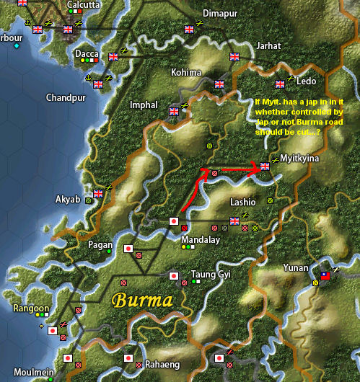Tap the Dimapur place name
(219, 14)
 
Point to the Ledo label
(307, 81)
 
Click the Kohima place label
(187, 73)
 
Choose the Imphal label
(144, 105)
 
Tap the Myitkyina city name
(300, 158)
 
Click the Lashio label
(242, 202)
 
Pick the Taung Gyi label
(208, 274)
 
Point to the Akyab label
(69, 199)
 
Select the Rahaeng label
(162, 364)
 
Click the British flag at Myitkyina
(265, 166)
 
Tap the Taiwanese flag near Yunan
(325, 275)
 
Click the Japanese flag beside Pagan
(128, 249)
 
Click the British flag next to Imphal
(173, 112)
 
